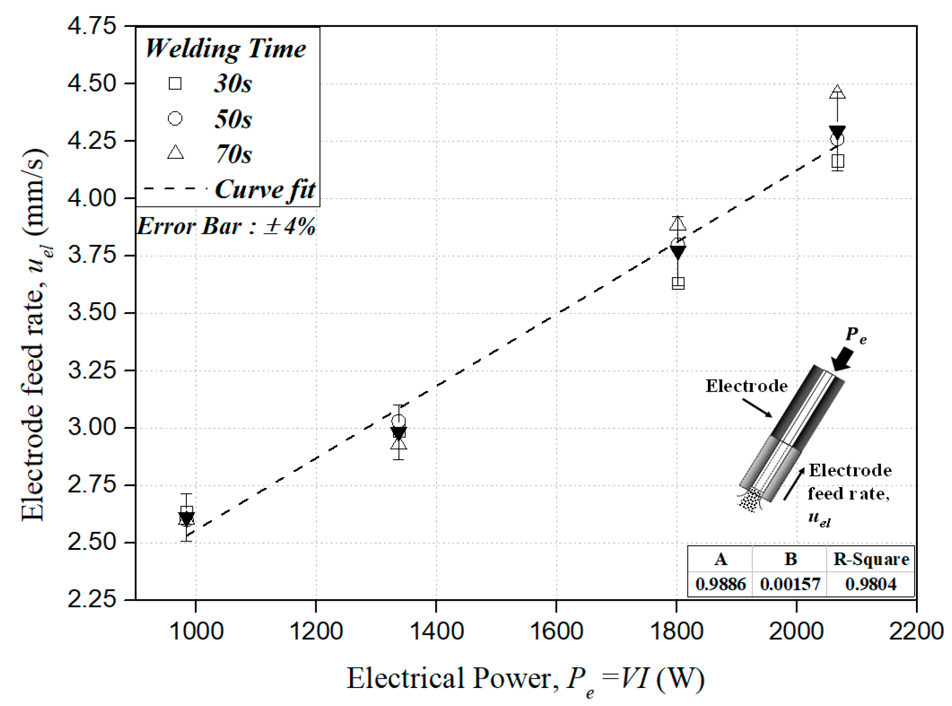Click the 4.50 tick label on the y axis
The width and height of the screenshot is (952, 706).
point(92,84)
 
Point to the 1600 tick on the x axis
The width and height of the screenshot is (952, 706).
point(556,631)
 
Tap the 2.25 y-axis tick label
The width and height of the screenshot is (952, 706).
point(92,600)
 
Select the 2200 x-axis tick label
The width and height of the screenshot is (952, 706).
point(915,631)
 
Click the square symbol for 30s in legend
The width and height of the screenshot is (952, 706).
point(175,84)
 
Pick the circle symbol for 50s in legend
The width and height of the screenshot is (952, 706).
point(175,119)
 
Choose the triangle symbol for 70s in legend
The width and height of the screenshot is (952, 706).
point(175,152)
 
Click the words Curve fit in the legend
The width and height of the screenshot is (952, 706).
point(265,189)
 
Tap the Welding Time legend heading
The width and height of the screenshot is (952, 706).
point(226,49)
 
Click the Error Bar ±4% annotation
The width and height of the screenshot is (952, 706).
point(226,226)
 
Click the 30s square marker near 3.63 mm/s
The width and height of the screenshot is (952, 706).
point(678,283)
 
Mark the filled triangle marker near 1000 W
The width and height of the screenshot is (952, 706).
point(186,519)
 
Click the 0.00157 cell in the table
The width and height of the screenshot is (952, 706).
point(790,584)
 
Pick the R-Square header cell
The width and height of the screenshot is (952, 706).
point(871,560)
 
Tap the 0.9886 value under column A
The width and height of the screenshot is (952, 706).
point(720,584)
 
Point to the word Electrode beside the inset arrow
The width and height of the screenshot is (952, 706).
point(746,386)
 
